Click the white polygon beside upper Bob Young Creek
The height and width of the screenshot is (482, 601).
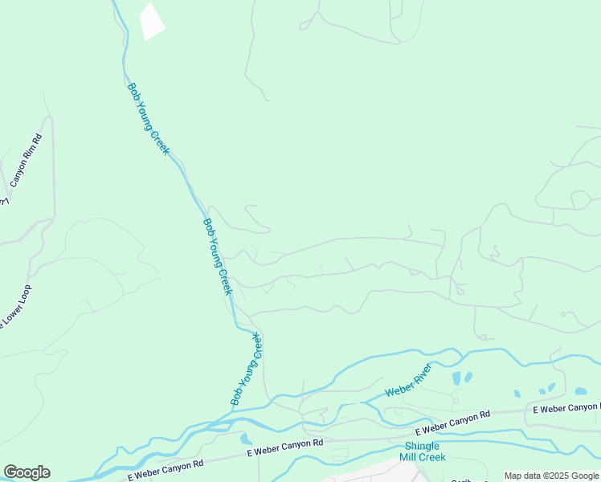click(x=151, y=21)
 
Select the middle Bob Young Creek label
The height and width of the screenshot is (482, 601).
click(x=217, y=256)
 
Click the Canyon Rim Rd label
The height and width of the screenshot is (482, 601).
click(x=27, y=158)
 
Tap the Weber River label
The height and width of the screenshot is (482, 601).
click(x=408, y=380)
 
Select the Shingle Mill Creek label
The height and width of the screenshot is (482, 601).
click(x=422, y=451)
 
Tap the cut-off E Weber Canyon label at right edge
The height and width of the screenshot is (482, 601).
click(x=566, y=409)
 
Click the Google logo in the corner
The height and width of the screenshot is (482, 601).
click(x=27, y=472)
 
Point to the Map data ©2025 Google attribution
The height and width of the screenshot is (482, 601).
click(x=551, y=476)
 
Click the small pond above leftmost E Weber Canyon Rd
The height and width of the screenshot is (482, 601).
click(x=246, y=439)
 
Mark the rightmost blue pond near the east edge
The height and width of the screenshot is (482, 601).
click(x=580, y=391)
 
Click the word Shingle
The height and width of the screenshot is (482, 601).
click(x=422, y=446)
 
